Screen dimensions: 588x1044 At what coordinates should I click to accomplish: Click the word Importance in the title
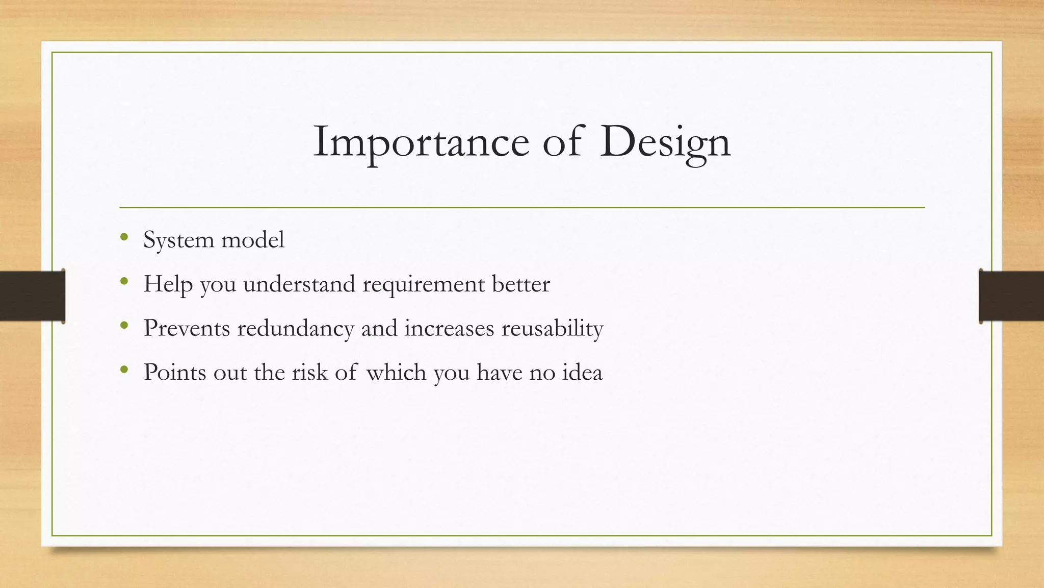421,141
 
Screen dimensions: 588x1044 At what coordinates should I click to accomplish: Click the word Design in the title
665,141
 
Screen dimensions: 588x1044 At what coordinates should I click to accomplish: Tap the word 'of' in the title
562,141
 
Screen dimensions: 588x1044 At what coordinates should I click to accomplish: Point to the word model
253,239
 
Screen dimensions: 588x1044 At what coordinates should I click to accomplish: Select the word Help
168,284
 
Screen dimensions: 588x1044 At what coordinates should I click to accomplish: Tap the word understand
299,284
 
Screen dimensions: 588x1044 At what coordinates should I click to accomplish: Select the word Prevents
187,328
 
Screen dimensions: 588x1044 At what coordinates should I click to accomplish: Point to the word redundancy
296,328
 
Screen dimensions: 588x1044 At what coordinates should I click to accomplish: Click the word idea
582,372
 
